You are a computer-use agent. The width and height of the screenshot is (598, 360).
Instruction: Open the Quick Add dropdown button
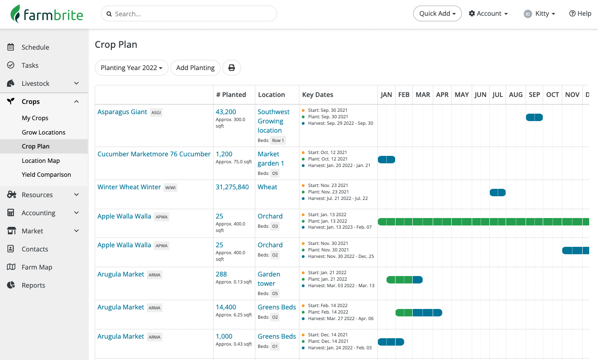coord(437,13)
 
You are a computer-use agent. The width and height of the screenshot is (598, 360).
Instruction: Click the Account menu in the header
coord(488,13)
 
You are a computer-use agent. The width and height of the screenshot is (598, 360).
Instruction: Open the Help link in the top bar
coord(580,13)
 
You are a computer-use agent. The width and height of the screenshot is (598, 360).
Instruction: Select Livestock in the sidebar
coord(36,84)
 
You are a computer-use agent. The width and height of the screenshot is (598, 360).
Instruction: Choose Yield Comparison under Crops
coord(46,174)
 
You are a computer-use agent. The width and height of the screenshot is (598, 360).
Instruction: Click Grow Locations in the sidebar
coord(44,132)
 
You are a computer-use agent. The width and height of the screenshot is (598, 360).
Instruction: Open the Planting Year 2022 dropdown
coord(131,68)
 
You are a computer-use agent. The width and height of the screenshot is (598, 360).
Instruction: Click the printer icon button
coord(232,68)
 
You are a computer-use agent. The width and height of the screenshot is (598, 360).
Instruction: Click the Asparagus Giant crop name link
coord(122,112)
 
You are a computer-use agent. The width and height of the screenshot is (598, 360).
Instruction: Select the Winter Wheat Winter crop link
coord(129,187)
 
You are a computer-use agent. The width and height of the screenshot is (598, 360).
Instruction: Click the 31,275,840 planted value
coord(232,187)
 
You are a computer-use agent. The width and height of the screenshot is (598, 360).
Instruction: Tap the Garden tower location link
coord(269,279)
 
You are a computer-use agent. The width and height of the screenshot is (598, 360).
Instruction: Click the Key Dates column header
coord(318,95)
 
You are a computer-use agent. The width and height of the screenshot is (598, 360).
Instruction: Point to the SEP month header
coord(534,95)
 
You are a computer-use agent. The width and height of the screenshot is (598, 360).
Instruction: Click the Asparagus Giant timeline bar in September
coord(534,117)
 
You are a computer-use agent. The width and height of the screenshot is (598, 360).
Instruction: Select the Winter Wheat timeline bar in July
coord(498,193)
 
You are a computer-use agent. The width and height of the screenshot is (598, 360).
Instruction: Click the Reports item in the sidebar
coord(33,285)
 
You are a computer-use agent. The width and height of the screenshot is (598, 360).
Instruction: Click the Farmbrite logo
coord(47,14)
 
